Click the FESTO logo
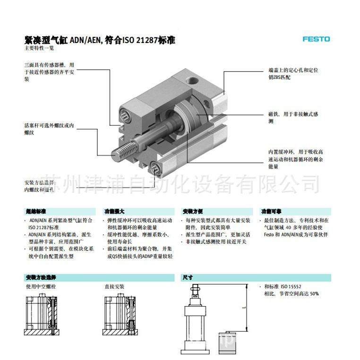(316, 39)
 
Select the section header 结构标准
(36, 212)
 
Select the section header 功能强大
(114, 212)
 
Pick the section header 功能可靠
(272, 212)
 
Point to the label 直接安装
(114, 287)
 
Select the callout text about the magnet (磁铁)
(294, 118)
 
